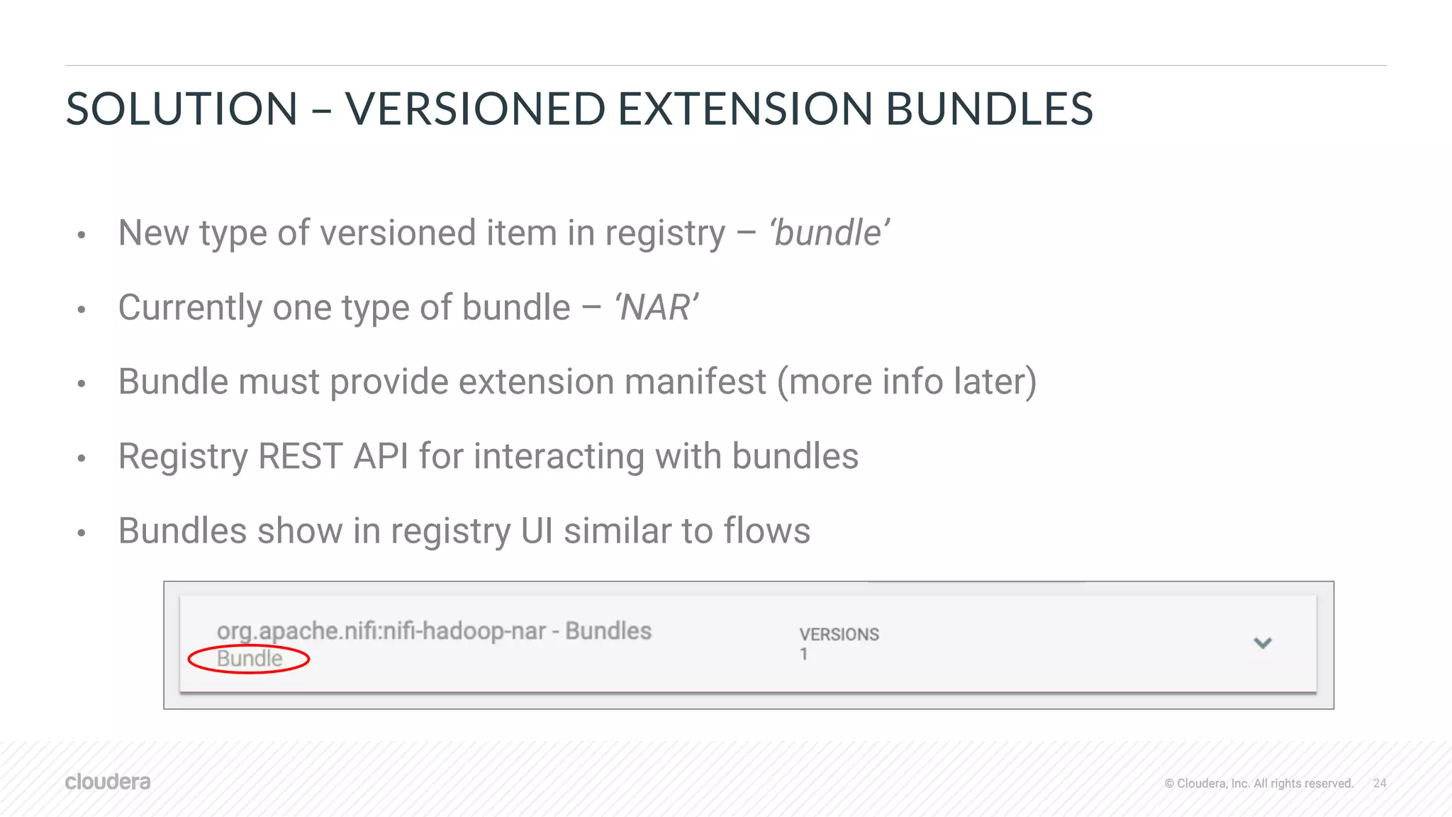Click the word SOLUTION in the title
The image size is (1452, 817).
click(x=181, y=109)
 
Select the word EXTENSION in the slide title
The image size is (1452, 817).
click(x=744, y=109)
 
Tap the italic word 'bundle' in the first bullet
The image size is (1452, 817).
click(x=830, y=233)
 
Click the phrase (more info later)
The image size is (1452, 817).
click(x=907, y=382)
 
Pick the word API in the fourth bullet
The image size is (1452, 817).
click(x=381, y=456)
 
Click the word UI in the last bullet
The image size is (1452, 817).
click(x=537, y=530)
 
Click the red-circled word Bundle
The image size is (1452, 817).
click(x=249, y=659)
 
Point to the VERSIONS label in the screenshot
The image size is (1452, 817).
click(x=839, y=634)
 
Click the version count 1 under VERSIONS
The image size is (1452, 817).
click(x=804, y=655)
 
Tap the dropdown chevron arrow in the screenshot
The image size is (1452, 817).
click(x=1263, y=643)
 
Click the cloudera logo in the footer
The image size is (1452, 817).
click(x=108, y=782)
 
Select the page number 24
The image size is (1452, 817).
click(x=1380, y=783)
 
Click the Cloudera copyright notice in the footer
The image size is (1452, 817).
click(x=1258, y=783)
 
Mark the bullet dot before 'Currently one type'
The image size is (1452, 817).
click(x=82, y=309)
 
